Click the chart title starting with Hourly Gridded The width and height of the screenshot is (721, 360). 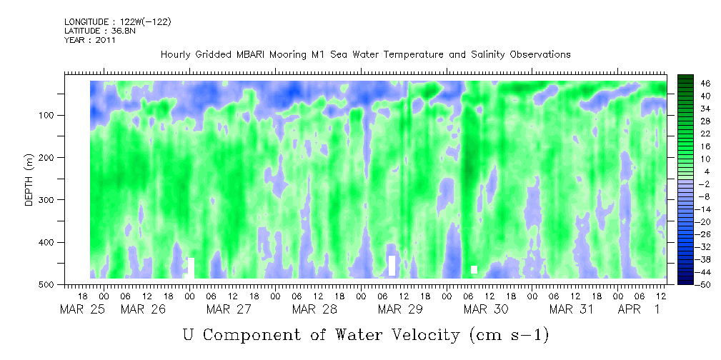pyautogui.click(x=365, y=54)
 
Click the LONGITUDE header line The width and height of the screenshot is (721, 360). pyautogui.click(x=117, y=22)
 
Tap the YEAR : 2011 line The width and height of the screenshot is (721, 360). pyautogui.click(x=89, y=40)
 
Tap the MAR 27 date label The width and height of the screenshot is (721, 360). pyautogui.click(x=229, y=309)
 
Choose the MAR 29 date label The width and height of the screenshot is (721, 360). pyautogui.click(x=400, y=309)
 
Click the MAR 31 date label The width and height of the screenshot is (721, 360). pyautogui.click(x=572, y=309)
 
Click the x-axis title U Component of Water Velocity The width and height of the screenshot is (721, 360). pyautogui.click(x=365, y=334)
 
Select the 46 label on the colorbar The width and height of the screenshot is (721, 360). pyautogui.click(x=686, y=83)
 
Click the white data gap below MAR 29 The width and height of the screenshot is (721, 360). pyautogui.click(x=392, y=266)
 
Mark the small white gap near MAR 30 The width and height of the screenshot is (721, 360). pyautogui.click(x=474, y=269)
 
